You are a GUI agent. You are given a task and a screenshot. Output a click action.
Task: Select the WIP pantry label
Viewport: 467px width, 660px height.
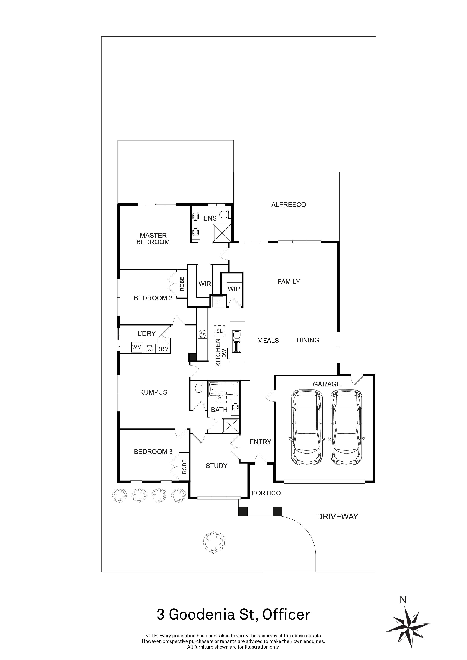233,289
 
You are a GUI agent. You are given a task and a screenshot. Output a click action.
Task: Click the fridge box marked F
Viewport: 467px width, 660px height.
218,302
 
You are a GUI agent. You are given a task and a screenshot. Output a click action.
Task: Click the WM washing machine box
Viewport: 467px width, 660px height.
137,347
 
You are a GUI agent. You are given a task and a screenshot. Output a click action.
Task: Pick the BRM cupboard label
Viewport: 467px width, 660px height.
163,349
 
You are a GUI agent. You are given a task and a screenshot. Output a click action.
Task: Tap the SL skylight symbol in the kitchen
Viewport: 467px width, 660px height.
219,331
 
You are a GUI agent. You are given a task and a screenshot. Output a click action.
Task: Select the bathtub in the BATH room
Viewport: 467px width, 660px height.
223,389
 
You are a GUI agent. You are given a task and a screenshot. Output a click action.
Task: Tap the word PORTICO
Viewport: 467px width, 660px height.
266,493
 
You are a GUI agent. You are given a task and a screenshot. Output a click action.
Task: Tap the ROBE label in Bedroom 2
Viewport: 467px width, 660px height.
182,284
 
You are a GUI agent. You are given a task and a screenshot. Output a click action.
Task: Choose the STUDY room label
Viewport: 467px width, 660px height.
216,466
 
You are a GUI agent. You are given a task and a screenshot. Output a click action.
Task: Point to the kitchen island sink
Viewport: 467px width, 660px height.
237,335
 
